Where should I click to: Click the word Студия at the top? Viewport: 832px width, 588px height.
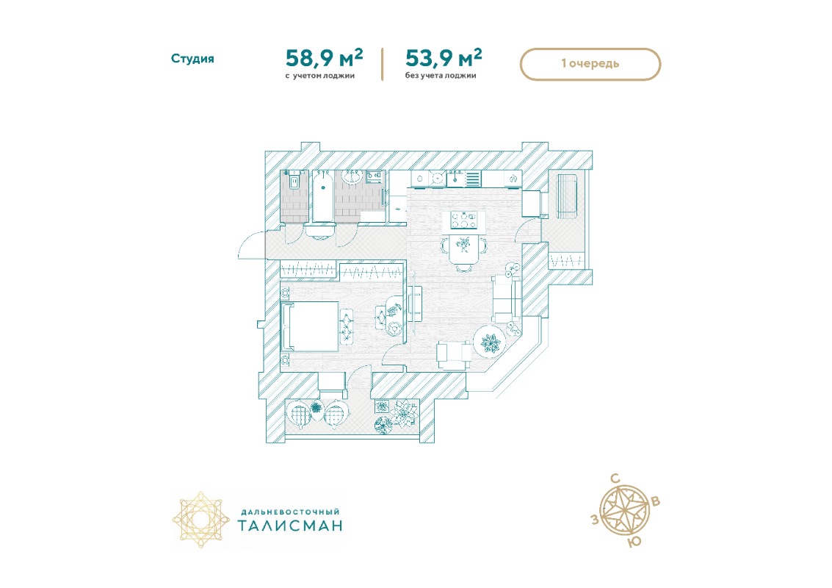point(192,58)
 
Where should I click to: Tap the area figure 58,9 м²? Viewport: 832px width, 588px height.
point(324,58)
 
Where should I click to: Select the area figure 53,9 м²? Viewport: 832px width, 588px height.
point(444,58)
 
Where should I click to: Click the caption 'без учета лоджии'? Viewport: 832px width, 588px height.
point(441,76)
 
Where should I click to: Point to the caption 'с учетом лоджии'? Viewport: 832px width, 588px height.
point(320,76)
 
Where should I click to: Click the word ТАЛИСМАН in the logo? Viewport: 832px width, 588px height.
point(290,526)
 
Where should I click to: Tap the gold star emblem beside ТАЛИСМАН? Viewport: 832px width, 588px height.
point(200,520)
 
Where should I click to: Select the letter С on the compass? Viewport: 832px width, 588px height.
point(615,479)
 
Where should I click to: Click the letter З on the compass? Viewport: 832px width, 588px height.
point(596,519)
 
